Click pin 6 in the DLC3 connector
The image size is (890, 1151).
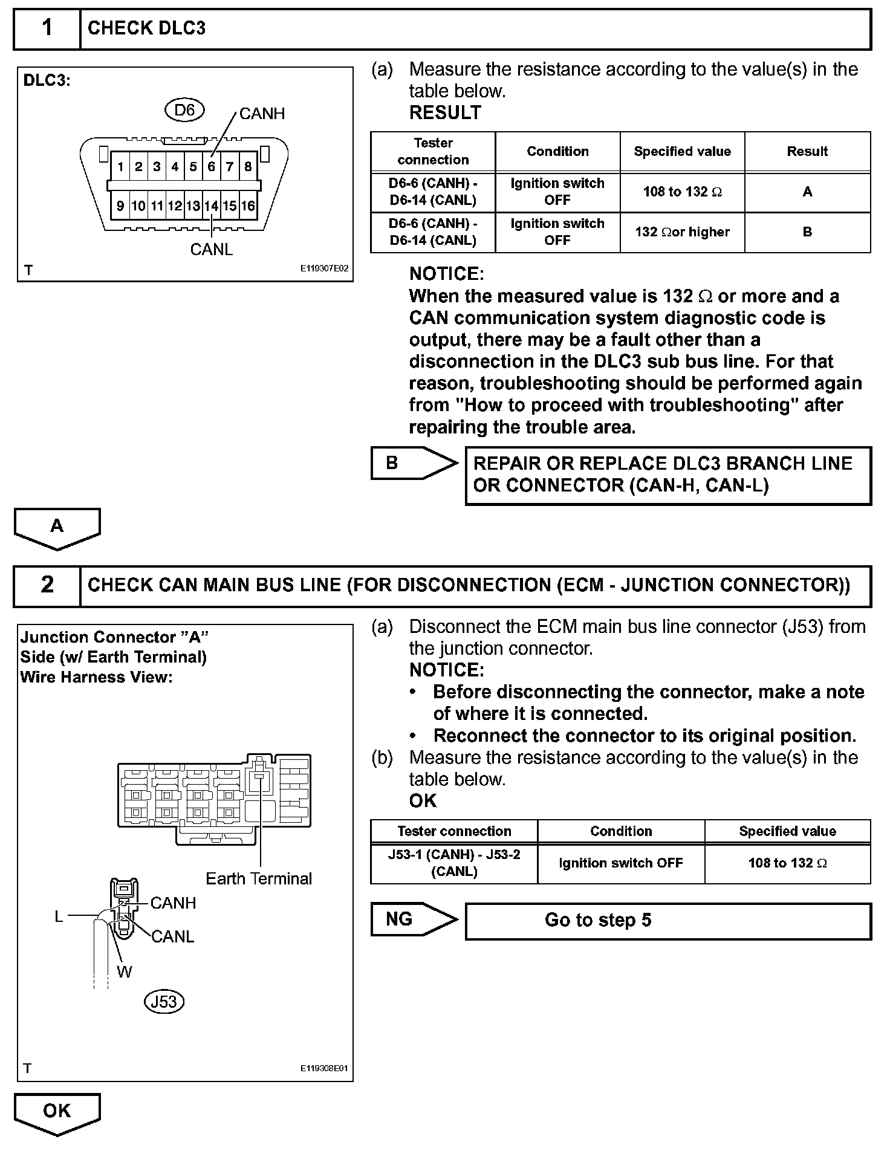211,167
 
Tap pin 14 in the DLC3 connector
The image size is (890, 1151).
211,206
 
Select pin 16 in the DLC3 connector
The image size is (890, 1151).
248,206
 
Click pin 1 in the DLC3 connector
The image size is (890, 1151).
121,167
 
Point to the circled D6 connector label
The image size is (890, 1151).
184,110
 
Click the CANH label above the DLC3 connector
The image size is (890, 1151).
262,114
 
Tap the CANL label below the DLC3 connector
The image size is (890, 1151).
211,250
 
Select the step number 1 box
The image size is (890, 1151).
47,28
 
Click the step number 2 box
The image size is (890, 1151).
47,585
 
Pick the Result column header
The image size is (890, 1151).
807,152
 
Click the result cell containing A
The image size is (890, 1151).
807,192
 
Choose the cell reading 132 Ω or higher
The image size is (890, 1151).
682,232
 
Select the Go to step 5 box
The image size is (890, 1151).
667,921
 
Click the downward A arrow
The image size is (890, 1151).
57,527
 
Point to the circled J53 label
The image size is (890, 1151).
164,1002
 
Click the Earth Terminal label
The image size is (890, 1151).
259,878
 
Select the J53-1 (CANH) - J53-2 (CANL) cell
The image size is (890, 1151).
454,863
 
